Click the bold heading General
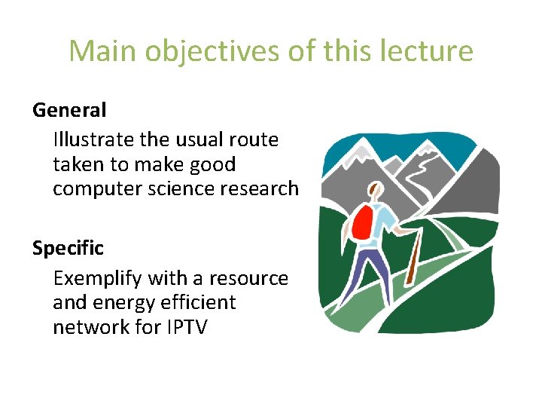coord(69,110)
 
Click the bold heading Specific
coord(68,248)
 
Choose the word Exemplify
coord(98,278)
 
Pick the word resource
coord(248,278)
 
